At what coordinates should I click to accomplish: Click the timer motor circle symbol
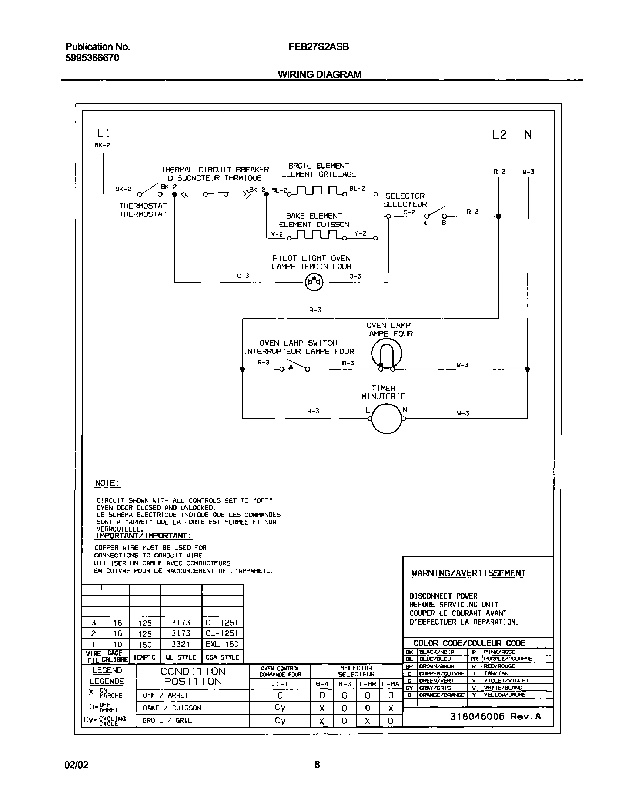(387, 419)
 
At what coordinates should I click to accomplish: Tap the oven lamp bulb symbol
(387, 354)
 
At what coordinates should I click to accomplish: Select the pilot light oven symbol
(314, 282)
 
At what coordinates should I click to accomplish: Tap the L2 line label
(499, 135)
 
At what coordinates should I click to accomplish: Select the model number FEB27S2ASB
(318, 47)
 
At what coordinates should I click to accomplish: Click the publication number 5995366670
(92, 58)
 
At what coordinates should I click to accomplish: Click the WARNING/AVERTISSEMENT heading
(469, 573)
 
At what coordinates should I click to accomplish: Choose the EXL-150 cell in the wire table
(222, 644)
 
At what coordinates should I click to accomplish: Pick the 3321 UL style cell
(181, 644)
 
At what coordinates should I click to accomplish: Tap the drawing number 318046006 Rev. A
(495, 727)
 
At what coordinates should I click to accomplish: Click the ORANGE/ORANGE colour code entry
(441, 695)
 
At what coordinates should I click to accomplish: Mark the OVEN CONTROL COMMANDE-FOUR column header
(280, 672)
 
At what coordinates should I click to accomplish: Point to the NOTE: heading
(107, 483)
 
